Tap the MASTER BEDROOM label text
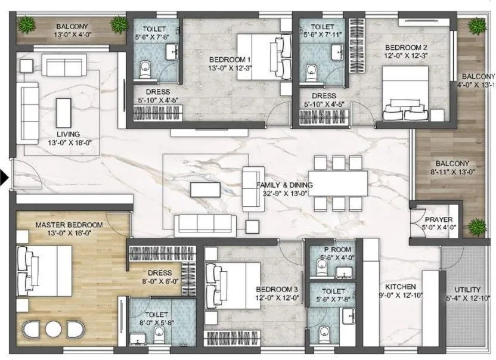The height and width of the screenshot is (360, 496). pos(69,225)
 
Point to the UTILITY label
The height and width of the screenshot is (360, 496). pos(468,288)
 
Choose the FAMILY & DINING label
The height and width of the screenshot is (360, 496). pos(284,185)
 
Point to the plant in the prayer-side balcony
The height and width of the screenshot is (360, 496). pos(476,227)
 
